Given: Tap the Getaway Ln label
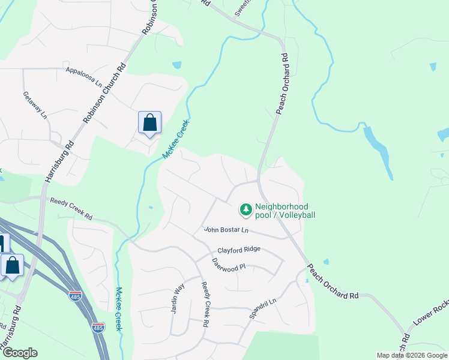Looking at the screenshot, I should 35,104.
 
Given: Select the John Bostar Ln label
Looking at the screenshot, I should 226,229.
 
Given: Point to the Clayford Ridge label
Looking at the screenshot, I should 239,250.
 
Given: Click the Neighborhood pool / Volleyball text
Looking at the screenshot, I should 285,211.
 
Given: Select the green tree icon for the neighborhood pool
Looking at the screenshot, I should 246,209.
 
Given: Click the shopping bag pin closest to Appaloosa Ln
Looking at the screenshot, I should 149,122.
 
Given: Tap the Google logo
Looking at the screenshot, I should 19,353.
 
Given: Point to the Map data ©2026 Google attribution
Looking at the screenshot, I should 411,355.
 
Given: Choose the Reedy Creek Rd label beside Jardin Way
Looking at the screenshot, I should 205,304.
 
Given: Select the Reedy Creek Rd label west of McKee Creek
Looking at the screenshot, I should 71,209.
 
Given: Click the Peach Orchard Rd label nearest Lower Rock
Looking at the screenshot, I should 334,281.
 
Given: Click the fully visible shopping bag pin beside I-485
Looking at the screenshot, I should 12,265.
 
